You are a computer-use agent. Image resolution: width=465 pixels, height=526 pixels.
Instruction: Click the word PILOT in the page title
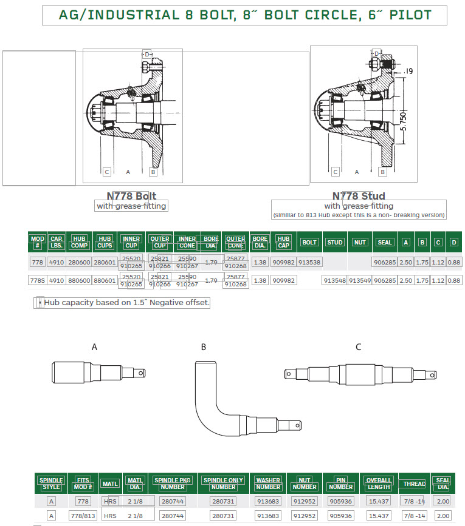pos(404,15)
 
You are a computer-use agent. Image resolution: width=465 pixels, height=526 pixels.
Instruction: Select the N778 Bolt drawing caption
pos(131,196)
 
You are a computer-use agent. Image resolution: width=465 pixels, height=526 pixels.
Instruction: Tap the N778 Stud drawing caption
pos(358,196)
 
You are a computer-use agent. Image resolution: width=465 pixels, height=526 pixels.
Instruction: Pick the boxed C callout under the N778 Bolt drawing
pos(106,172)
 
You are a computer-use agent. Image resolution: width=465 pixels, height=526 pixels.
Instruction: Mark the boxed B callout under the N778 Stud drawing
pos(382,172)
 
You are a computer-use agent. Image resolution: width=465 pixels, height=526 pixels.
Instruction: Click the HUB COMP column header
pos(79,242)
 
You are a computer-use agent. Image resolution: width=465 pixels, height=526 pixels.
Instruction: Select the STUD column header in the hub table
pos(335,242)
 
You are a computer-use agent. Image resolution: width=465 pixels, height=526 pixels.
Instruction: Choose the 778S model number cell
pos(38,280)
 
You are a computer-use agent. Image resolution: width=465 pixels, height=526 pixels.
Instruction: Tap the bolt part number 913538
pos(309,262)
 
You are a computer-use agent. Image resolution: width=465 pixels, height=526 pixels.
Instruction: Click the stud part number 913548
pos(334,280)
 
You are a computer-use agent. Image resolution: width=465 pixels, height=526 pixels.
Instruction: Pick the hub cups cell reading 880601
pos(105,280)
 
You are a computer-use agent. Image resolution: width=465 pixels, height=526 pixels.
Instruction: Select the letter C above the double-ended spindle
pos(359,347)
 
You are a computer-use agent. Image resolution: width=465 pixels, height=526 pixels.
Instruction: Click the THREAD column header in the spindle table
pos(414,484)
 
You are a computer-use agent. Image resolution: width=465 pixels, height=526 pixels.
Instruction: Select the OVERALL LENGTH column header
pos(378,484)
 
